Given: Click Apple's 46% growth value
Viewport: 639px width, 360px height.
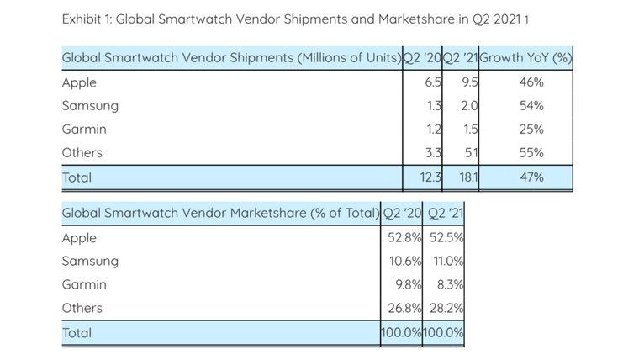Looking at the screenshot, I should coord(531,82).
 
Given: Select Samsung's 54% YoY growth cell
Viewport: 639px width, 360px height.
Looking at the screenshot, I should coord(531,106).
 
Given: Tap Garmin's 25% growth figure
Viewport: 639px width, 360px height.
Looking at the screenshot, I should coord(531,130).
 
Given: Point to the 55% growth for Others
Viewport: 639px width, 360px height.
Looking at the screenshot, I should coord(531,153).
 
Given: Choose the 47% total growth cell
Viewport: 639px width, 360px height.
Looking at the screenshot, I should coord(531,177).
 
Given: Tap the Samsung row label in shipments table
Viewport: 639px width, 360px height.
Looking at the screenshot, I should coord(90,106).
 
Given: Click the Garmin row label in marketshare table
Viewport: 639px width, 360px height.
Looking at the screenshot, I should coord(84,285).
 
